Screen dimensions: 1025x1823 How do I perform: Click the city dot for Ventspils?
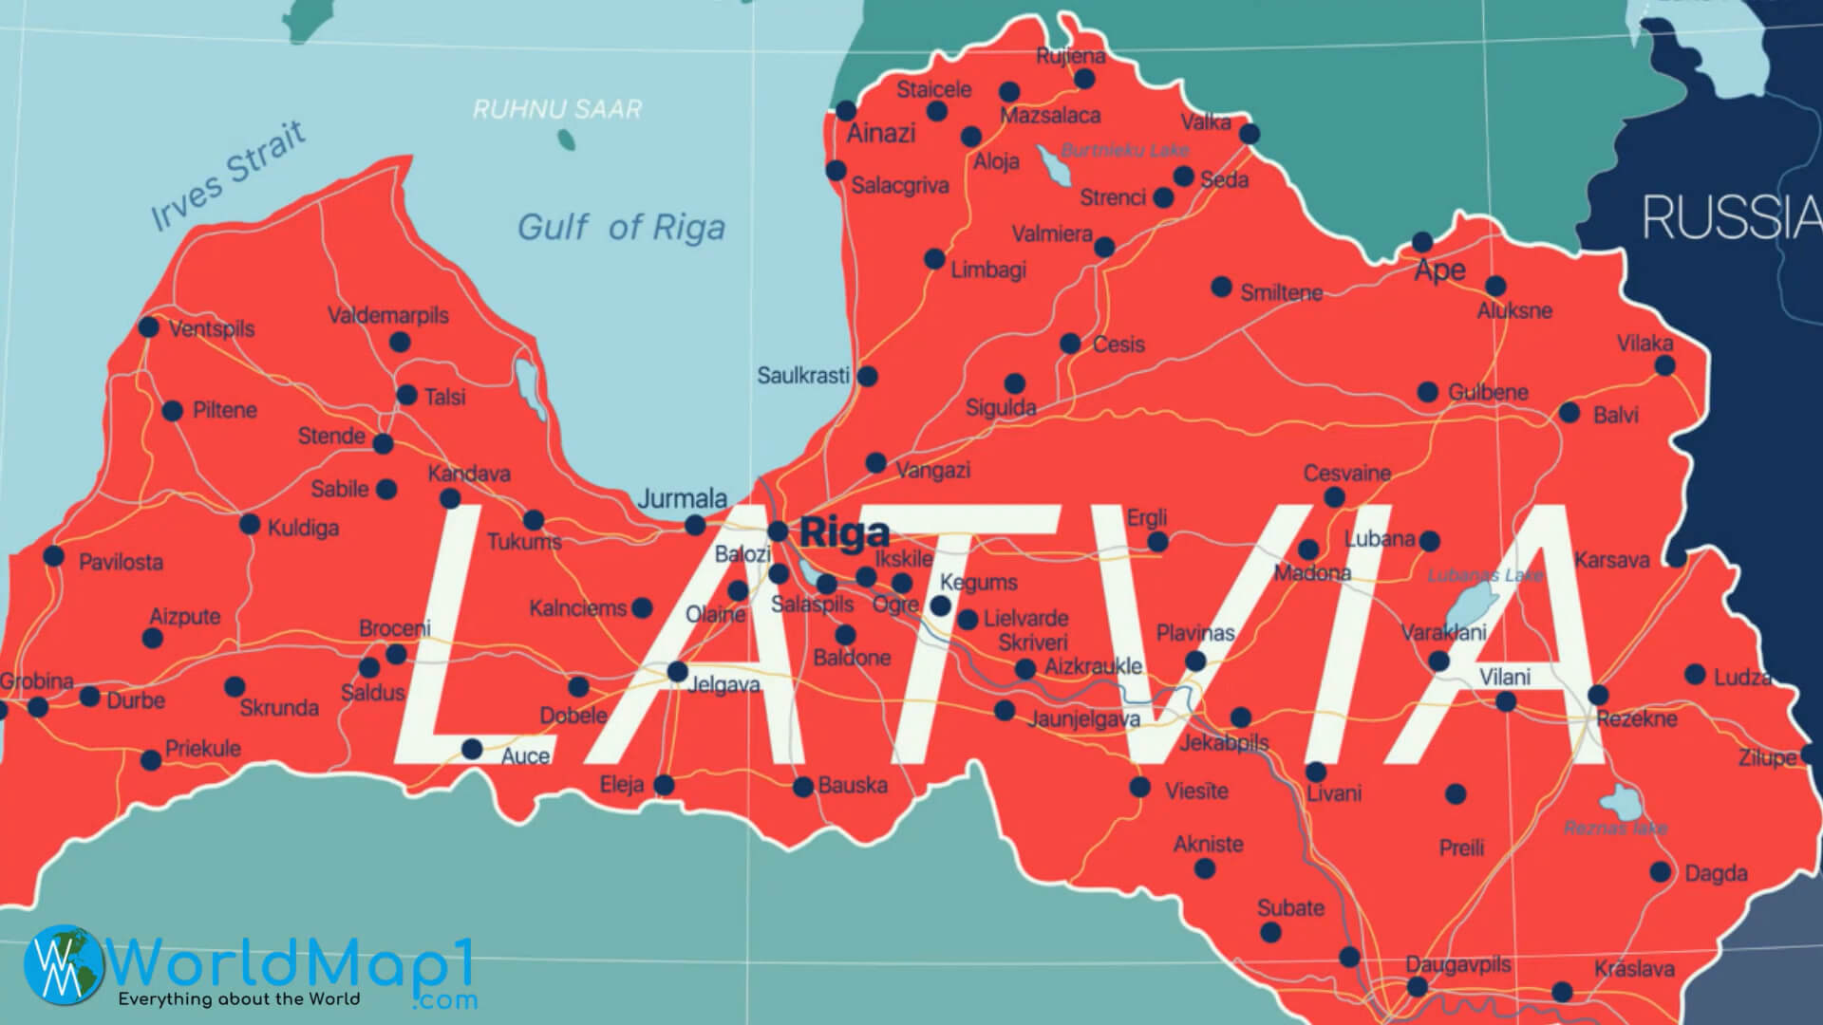149,327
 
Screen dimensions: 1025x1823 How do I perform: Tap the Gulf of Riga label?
621,228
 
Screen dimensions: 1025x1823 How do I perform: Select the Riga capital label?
844,533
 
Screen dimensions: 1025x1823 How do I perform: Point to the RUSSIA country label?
1730,217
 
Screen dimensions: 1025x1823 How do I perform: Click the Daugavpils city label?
1457,964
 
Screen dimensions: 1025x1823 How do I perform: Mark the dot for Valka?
1250,135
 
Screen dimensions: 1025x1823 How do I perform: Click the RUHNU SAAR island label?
557,109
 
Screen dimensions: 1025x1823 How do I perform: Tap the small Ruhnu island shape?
567,140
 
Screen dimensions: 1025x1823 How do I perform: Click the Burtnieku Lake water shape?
1053,166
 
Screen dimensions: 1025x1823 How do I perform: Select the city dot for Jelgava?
677,672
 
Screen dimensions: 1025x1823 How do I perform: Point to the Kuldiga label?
303,528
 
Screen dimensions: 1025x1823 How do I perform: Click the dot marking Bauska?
803,786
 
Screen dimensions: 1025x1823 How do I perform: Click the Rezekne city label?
1637,718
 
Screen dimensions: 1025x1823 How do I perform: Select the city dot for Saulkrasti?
867,376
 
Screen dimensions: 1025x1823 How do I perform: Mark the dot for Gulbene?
1427,392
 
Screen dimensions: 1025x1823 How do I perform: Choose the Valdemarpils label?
387,315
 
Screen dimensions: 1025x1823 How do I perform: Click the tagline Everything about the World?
238,998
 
